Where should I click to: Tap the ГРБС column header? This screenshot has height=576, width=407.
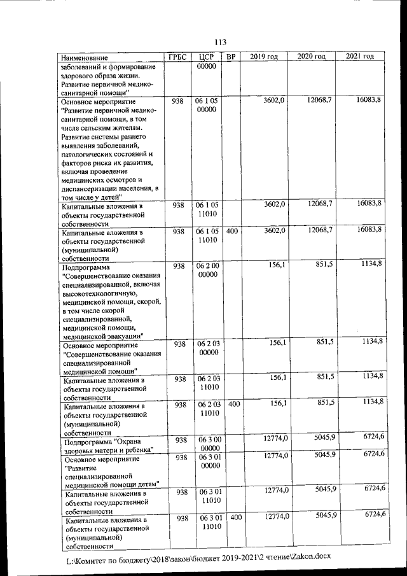177,57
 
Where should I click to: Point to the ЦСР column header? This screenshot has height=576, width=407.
206,57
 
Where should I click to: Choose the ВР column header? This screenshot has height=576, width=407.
231,57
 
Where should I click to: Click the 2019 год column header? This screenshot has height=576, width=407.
264,57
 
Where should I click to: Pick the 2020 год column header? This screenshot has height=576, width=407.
312,57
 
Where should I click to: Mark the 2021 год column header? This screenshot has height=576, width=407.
360,57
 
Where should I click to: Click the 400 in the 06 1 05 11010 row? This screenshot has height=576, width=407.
231,232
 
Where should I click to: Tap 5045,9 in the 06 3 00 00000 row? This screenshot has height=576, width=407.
324,438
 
